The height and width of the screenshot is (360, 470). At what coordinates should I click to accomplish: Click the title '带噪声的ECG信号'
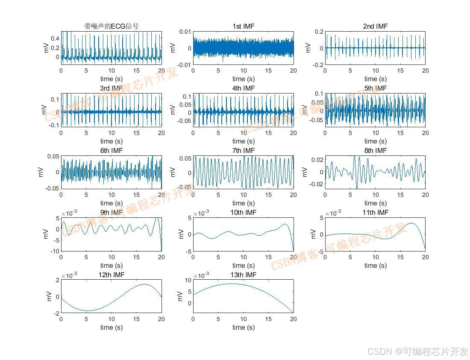[x=111, y=26]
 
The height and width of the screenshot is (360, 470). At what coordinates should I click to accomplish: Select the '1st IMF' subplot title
[x=243, y=26]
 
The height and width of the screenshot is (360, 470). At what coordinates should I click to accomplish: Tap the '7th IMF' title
[x=243, y=151]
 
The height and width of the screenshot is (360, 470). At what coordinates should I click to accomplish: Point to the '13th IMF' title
[x=243, y=275]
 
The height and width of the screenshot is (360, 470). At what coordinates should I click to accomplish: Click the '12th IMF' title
[x=111, y=275]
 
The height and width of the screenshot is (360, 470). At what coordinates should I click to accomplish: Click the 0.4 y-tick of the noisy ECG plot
[x=55, y=38]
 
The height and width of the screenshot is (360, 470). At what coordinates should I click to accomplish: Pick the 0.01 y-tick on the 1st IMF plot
[x=185, y=32]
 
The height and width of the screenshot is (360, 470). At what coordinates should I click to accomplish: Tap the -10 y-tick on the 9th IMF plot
[x=54, y=251]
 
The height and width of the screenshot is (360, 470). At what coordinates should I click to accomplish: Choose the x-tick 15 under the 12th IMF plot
[x=136, y=319]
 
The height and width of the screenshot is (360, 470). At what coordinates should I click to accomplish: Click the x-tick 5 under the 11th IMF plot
[x=350, y=257]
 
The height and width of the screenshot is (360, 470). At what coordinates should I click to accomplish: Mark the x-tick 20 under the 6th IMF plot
[x=162, y=195]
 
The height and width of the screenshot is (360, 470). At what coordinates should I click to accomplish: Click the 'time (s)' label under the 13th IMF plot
[x=243, y=328]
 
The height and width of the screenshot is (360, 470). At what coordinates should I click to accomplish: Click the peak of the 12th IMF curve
[x=144, y=284]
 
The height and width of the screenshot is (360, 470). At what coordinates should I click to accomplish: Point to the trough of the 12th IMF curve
[x=88, y=310]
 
